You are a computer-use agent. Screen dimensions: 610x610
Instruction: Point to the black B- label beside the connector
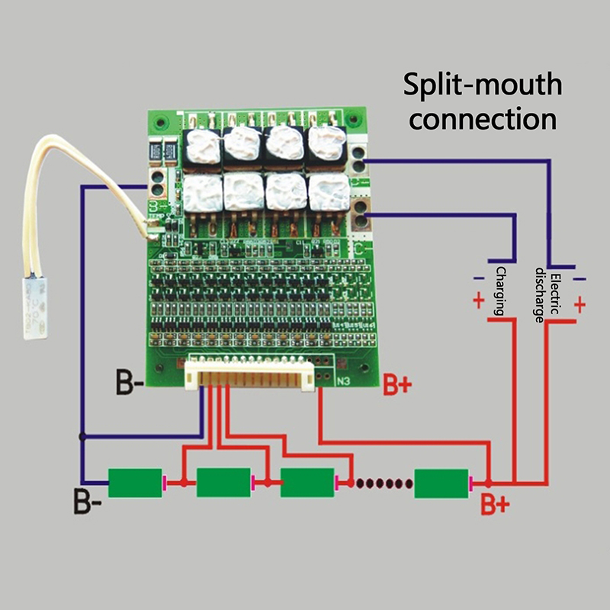tap(129, 380)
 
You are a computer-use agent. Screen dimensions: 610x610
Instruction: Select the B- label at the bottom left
tap(88, 504)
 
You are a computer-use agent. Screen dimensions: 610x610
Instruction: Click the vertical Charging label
tap(502, 291)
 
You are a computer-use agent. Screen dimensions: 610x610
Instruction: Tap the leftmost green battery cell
tap(135, 483)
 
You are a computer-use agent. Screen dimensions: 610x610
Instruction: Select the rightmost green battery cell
tap(441, 483)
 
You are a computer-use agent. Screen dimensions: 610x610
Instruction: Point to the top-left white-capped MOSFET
tap(204, 145)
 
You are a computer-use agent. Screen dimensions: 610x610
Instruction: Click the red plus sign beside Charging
tap(478, 300)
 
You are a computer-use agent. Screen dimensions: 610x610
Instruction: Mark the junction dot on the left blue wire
tap(82, 437)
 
